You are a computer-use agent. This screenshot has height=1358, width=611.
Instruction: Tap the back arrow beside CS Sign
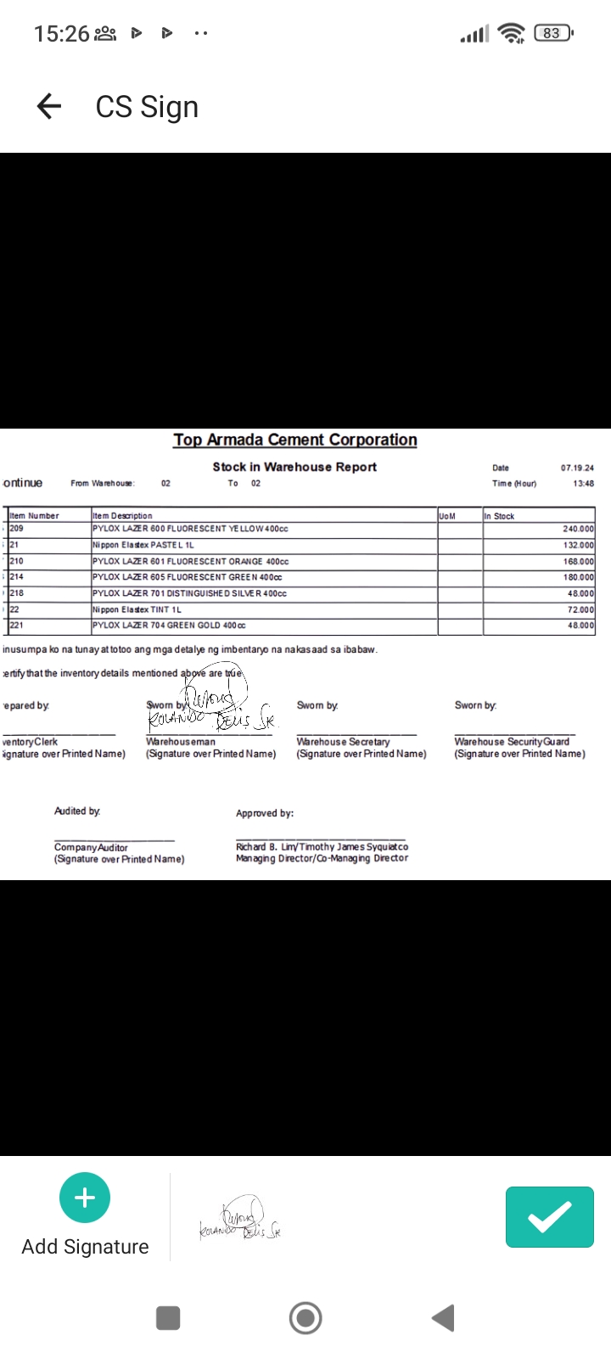(49, 106)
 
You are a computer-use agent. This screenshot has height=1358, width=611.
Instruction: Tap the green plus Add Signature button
(85, 1198)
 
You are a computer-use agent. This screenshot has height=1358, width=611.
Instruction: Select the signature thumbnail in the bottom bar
(240, 1219)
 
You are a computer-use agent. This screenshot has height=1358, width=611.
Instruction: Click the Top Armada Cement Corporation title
(295, 440)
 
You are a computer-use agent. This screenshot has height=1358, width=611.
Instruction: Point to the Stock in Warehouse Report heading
(294, 467)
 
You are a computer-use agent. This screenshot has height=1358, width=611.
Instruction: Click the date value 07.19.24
(577, 468)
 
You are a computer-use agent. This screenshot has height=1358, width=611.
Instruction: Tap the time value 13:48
(583, 484)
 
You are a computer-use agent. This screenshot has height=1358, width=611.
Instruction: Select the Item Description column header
(122, 515)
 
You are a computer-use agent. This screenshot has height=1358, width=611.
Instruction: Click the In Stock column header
(499, 515)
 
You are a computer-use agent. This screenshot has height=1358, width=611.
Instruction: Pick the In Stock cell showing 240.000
(578, 529)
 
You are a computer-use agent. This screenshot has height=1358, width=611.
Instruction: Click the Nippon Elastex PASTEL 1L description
(143, 545)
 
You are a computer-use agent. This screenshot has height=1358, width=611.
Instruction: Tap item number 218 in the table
(17, 593)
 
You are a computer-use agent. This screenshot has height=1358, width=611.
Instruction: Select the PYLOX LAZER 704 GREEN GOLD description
(169, 626)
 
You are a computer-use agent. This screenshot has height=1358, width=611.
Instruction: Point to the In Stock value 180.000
(578, 577)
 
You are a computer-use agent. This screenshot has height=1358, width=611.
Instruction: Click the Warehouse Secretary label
(343, 742)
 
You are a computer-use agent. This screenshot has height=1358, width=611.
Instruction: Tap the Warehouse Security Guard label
(512, 742)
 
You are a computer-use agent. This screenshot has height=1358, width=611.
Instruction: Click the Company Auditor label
(91, 847)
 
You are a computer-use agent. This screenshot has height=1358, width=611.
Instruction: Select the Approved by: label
(265, 813)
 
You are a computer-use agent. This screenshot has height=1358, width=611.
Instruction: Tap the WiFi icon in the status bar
(511, 33)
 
